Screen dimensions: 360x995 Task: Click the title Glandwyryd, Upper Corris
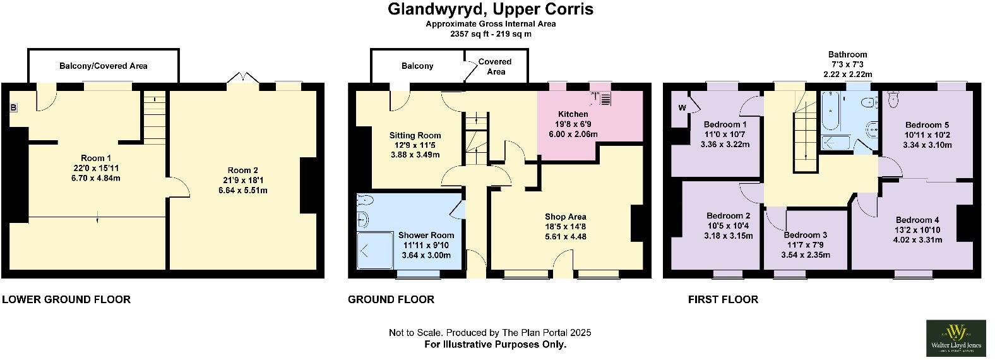490,9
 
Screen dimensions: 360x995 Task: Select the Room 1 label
96,158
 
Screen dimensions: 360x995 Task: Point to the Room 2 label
242,170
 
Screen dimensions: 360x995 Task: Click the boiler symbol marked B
13,108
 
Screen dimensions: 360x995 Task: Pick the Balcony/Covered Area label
104,66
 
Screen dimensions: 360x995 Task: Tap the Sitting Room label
415,135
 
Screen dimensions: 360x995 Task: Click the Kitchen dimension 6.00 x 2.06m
573,134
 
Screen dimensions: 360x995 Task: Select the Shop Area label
565,217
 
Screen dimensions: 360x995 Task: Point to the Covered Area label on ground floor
495,66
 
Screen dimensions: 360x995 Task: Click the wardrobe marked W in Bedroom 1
682,107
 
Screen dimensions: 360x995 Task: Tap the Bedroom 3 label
805,235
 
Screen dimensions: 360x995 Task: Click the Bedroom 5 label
926,125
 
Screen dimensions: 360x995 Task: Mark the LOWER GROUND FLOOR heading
66,299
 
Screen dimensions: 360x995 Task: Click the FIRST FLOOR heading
723,299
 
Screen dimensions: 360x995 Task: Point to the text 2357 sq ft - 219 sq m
490,34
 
